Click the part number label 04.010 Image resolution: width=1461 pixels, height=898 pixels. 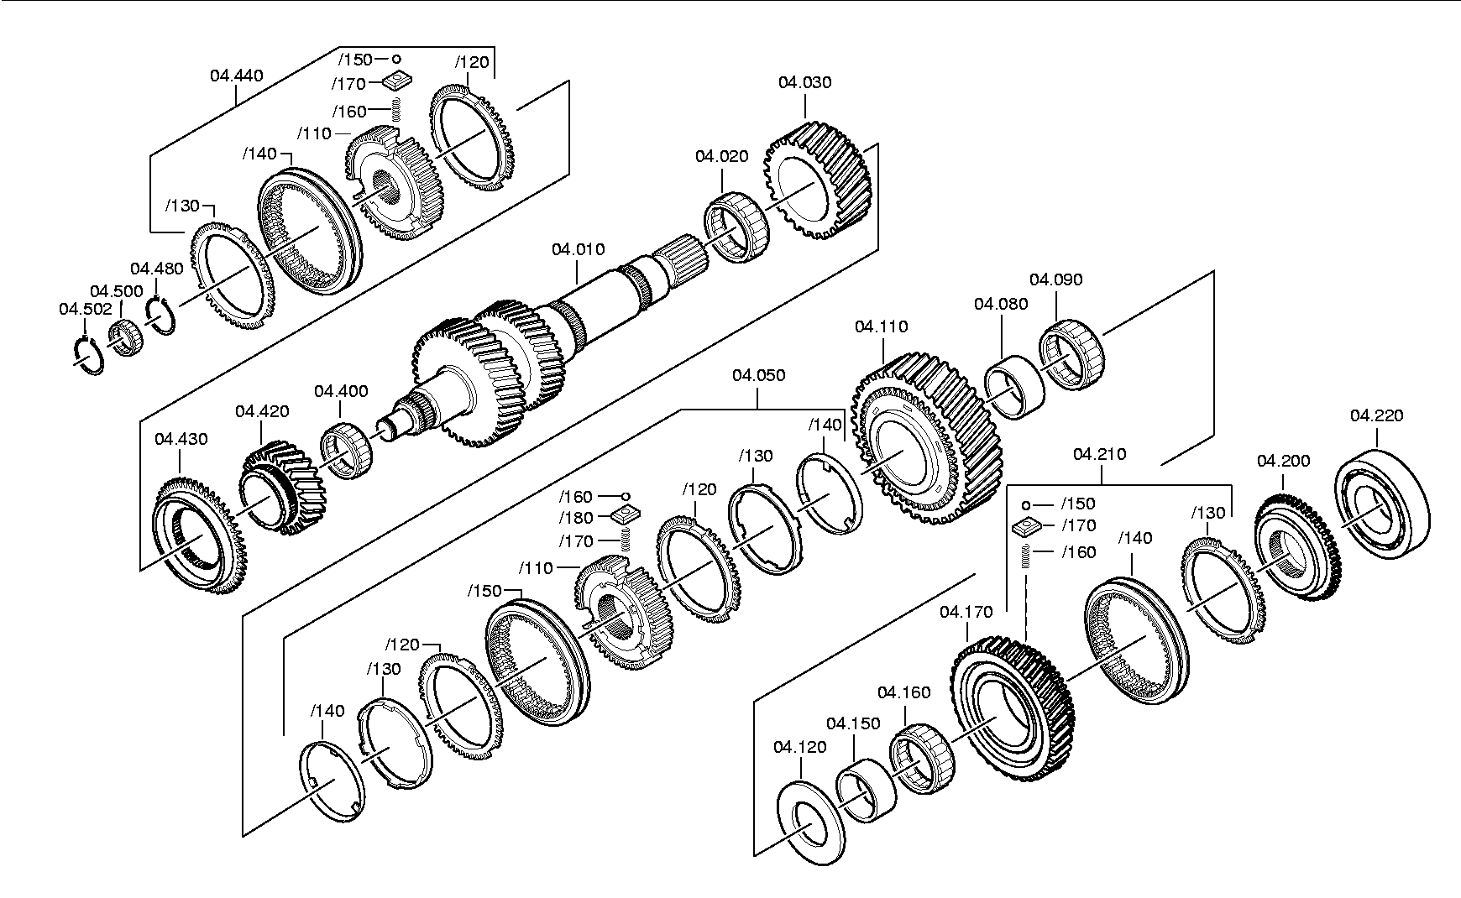[x=578, y=249]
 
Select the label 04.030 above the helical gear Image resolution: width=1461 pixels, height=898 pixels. [x=804, y=82]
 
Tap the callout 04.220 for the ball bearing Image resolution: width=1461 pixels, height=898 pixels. [x=1376, y=415]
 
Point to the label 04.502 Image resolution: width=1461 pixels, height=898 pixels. [x=85, y=310]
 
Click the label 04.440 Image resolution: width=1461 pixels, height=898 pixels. [x=236, y=76]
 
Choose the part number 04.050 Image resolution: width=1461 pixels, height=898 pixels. [x=758, y=375]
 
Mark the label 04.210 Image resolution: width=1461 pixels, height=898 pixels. [x=1100, y=454]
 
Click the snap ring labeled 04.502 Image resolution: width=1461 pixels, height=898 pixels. [x=87, y=356]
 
